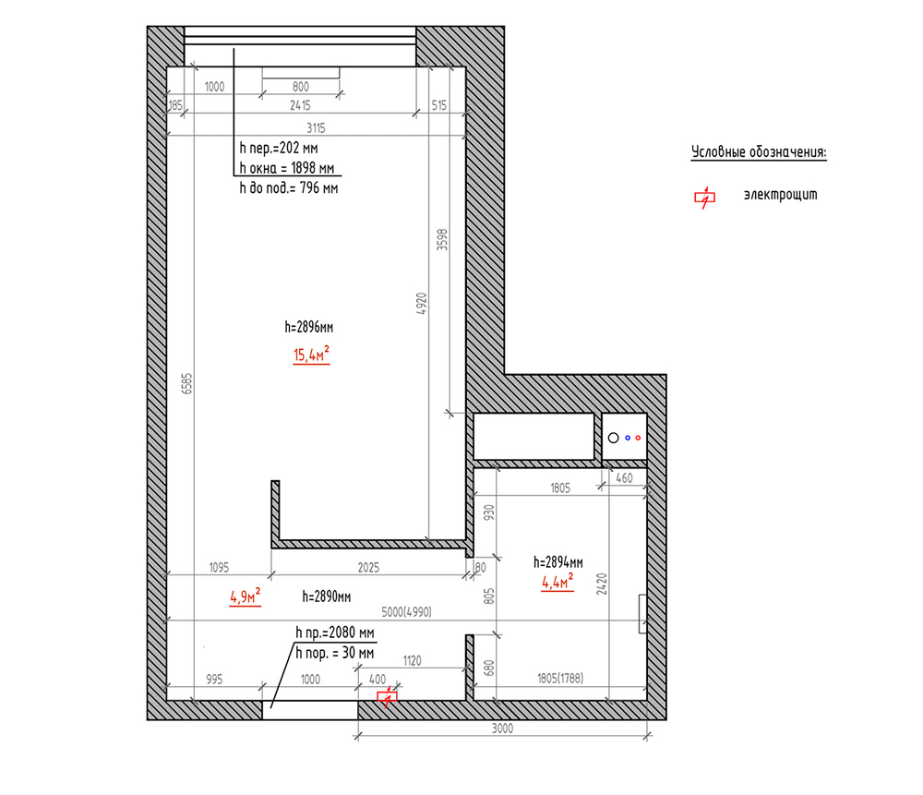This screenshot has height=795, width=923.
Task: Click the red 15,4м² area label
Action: pyautogui.click(x=311, y=355)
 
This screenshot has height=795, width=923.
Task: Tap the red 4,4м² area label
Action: pyautogui.click(x=557, y=581)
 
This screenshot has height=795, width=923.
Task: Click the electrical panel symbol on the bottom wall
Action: pyautogui.click(x=388, y=696)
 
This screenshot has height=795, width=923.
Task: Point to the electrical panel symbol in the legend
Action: pyautogui.click(x=704, y=198)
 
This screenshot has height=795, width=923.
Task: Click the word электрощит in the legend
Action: pyautogui.click(x=781, y=194)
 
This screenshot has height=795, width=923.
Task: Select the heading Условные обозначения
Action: pyautogui.click(x=759, y=152)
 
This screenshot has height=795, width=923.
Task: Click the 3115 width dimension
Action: pyautogui.click(x=316, y=127)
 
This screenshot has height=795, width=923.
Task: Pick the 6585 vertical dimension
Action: pyautogui.click(x=186, y=383)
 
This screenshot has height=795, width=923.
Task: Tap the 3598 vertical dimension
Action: pyautogui.click(x=442, y=240)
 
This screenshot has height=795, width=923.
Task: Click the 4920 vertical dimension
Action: pyautogui.click(x=421, y=304)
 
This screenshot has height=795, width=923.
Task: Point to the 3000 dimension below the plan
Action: pyautogui.click(x=502, y=729)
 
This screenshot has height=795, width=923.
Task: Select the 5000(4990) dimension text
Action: pyautogui.click(x=406, y=612)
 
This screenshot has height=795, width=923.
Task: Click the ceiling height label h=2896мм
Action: pyautogui.click(x=309, y=327)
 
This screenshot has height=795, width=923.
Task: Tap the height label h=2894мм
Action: pyautogui.click(x=558, y=561)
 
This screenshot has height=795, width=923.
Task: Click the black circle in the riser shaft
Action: pyautogui.click(x=614, y=438)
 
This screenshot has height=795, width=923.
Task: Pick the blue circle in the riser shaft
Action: pyautogui.click(x=628, y=438)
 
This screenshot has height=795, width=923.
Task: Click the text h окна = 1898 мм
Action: pyautogui.click(x=287, y=168)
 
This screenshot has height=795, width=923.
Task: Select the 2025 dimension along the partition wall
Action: pyautogui.click(x=368, y=567)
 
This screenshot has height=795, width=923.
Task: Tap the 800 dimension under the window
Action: pyautogui.click(x=301, y=87)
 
